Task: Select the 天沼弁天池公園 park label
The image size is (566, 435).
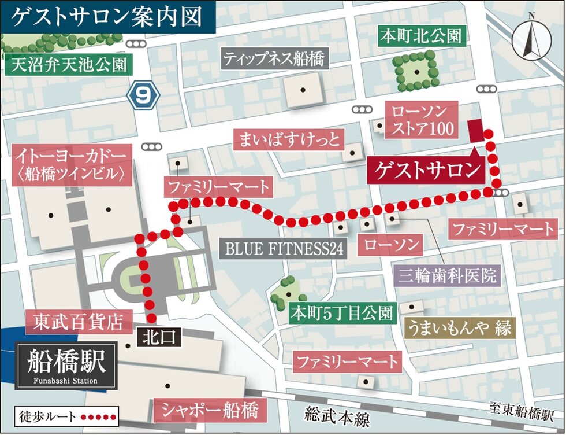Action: coord(69,64)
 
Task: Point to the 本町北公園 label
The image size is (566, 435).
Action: coord(421,36)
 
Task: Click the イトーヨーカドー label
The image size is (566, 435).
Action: coord(71,164)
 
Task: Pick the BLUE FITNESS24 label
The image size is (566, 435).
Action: coord(284,249)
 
